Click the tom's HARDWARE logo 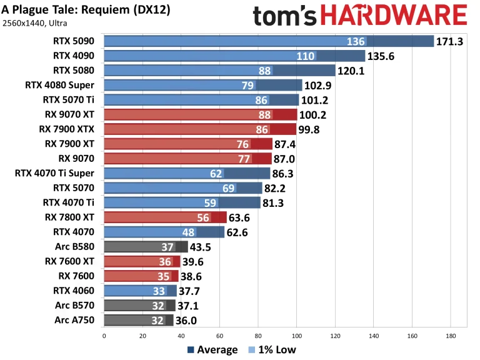(360, 16)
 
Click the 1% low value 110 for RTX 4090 (304, 56)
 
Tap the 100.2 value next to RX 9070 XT (314, 114)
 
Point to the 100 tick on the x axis (296, 336)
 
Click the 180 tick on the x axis (450, 336)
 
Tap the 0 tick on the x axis (104, 336)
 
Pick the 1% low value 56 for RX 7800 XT (203, 217)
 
